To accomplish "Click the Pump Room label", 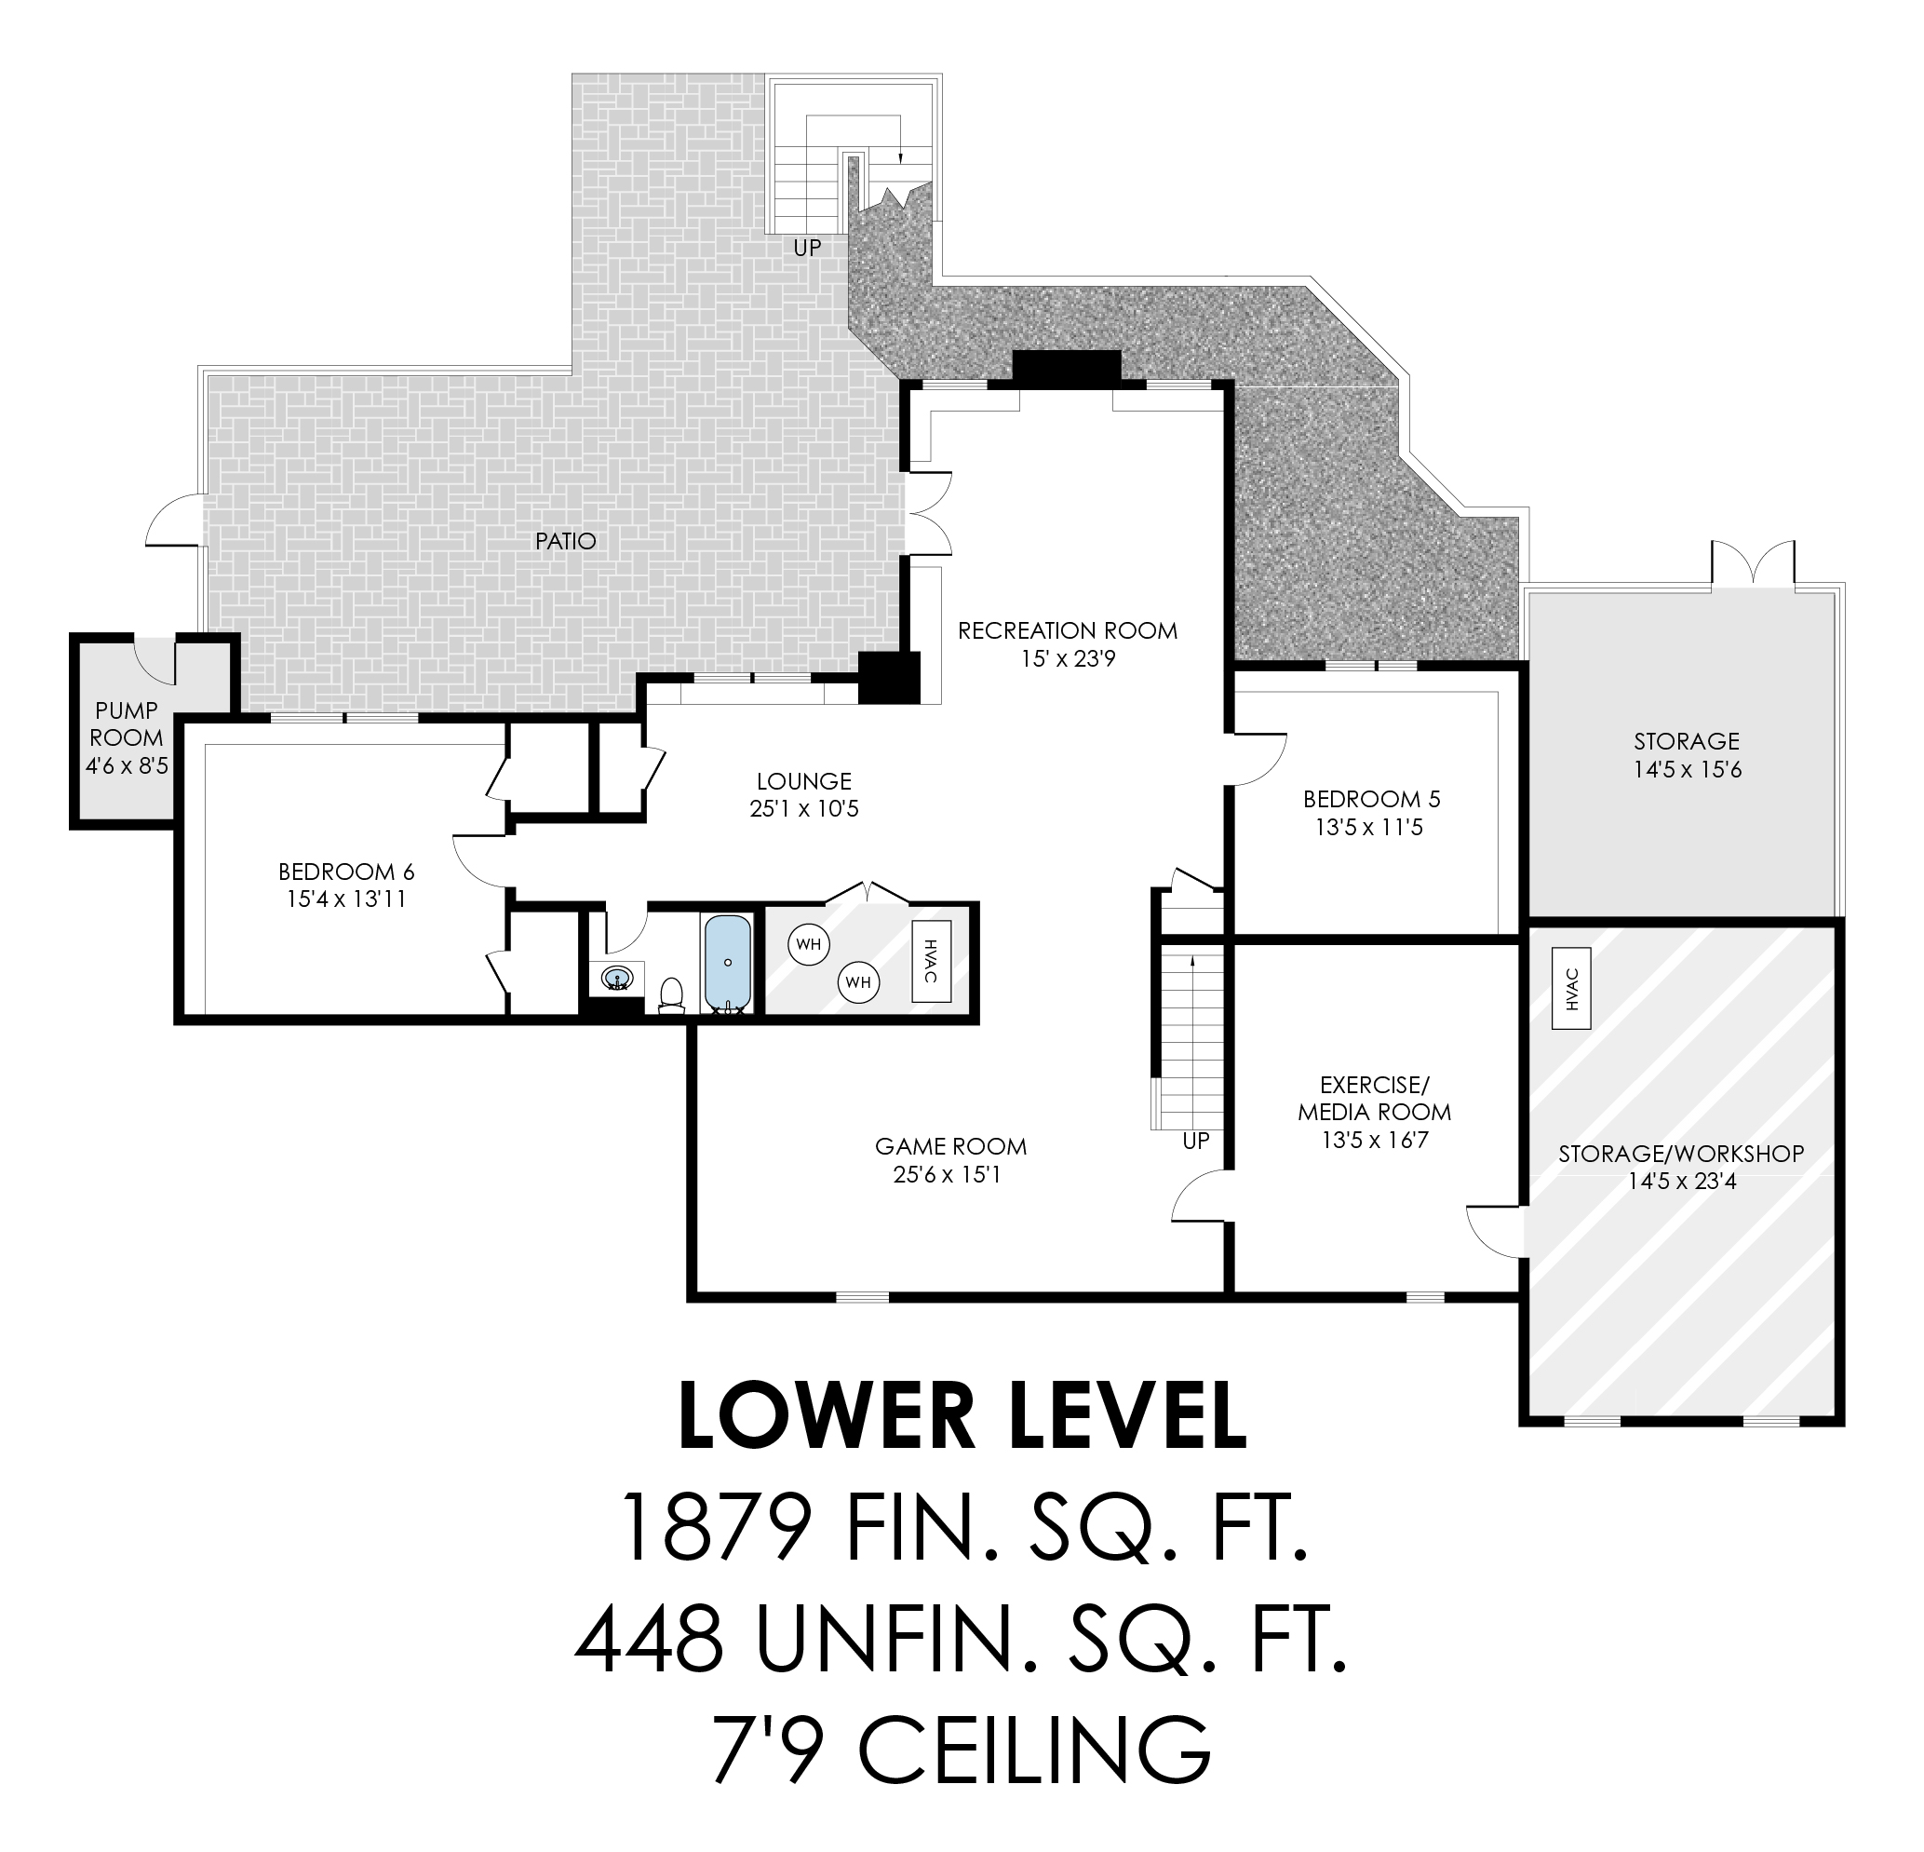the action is tap(126, 723).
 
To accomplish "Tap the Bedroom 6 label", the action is tap(346, 871).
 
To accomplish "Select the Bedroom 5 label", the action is tap(1371, 798).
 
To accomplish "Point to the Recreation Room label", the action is tap(1068, 630).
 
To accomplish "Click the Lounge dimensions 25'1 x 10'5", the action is tap(804, 809).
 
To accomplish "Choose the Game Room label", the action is tap(950, 1146).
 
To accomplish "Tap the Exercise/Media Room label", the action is tap(1374, 1098).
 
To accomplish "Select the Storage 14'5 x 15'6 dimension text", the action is tap(1688, 770).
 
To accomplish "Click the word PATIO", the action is tap(565, 541).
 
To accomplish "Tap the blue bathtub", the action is tap(727, 964).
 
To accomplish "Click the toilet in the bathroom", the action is tap(671, 994).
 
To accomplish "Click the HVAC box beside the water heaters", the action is tap(932, 961).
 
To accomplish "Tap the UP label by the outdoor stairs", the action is tap(807, 249).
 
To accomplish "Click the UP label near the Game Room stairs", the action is tap(1195, 1141).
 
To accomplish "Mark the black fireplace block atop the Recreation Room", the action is tap(1067, 368).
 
